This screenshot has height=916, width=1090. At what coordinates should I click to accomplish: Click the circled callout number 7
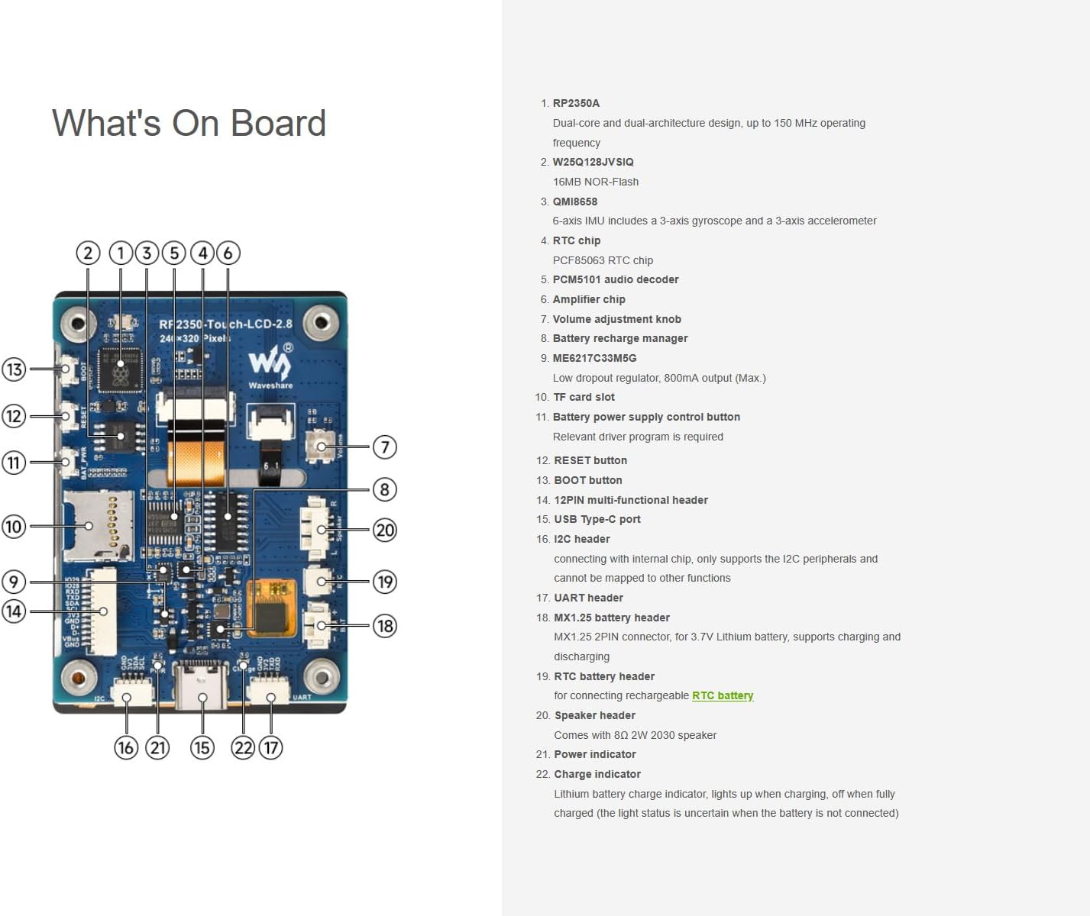384,447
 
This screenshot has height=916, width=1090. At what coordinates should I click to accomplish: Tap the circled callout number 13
14,369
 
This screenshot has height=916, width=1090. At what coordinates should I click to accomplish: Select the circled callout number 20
384,530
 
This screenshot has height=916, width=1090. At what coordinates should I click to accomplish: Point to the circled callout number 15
202,747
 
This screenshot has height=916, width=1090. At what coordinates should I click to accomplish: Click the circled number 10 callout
14,526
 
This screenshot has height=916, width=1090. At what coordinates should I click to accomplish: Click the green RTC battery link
722,695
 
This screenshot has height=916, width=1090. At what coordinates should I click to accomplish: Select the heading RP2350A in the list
576,103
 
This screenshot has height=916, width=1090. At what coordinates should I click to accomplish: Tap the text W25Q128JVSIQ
593,162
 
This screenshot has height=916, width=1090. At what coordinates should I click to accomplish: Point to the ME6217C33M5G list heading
594,358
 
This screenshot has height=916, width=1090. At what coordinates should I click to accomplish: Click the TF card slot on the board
96,525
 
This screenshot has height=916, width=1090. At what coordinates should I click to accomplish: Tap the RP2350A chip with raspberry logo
120,369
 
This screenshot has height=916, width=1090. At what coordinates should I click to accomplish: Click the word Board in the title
278,124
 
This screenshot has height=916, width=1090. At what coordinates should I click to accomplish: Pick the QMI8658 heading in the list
574,202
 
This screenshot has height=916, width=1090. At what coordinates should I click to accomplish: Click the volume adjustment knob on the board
321,446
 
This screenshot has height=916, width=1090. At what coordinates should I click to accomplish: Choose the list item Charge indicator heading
597,774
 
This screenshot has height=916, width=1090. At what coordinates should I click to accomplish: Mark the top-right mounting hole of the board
321,324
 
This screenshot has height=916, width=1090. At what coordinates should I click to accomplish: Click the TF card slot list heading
584,397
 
